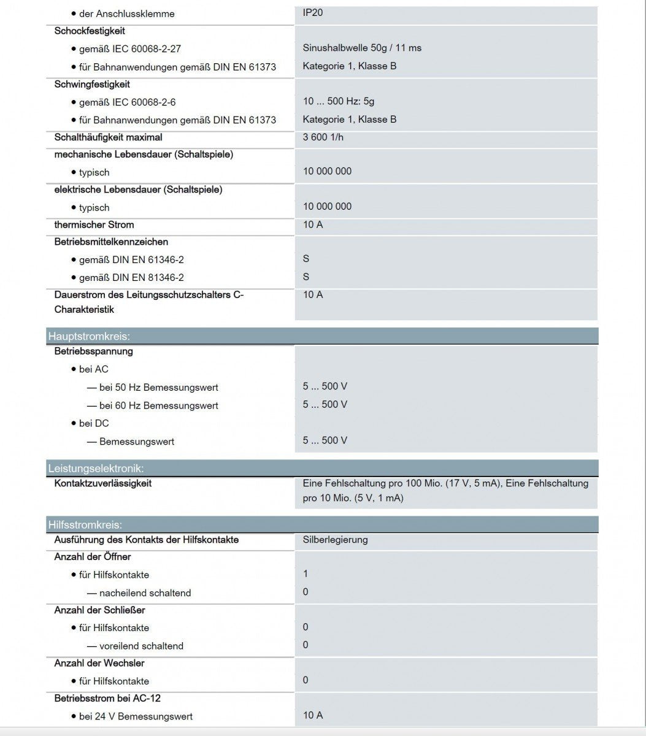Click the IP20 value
click(x=313, y=12)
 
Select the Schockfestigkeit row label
click(x=90, y=31)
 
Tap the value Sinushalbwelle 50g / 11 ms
click(x=362, y=48)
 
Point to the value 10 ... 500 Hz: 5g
click(x=339, y=101)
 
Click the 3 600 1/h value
click(x=323, y=137)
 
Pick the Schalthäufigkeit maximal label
click(x=109, y=137)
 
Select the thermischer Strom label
click(x=94, y=224)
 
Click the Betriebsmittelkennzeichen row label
click(x=111, y=242)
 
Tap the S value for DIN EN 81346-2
click(x=306, y=277)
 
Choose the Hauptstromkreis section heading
click(x=90, y=336)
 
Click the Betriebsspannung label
click(x=93, y=351)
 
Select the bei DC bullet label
click(x=94, y=423)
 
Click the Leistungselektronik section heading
click(x=96, y=469)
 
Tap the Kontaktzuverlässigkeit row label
click(x=103, y=483)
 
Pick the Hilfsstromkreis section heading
click(x=85, y=525)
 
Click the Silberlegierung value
click(x=335, y=540)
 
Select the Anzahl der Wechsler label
click(x=99, y=663)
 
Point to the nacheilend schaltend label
click(x=145, y=593)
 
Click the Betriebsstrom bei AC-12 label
click(x=107, y=698)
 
